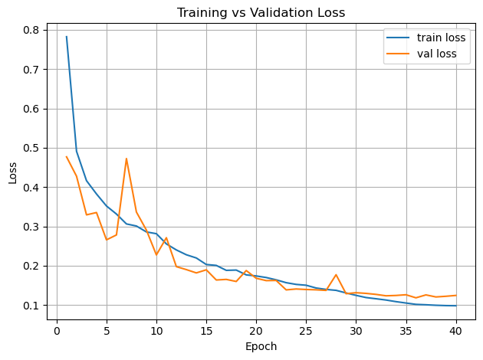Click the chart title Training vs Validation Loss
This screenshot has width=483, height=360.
261,12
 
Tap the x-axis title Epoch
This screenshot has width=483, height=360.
261,346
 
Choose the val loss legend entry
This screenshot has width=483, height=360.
435,54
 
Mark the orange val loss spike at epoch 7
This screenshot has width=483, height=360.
127,159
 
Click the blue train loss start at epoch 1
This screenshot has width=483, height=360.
67,37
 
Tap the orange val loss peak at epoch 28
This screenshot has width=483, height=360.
336,275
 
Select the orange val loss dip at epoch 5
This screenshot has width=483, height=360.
107,240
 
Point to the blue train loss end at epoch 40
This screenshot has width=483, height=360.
456,306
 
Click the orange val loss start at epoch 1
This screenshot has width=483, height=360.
67,157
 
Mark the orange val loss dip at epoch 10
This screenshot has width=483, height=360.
156,255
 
